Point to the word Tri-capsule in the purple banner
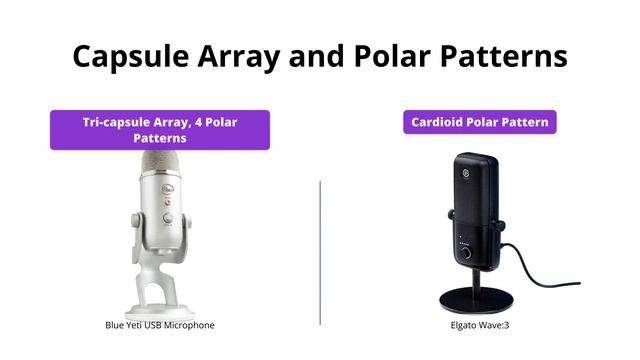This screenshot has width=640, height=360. click(119, 122)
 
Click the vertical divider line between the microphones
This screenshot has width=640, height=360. click(320, 250)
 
